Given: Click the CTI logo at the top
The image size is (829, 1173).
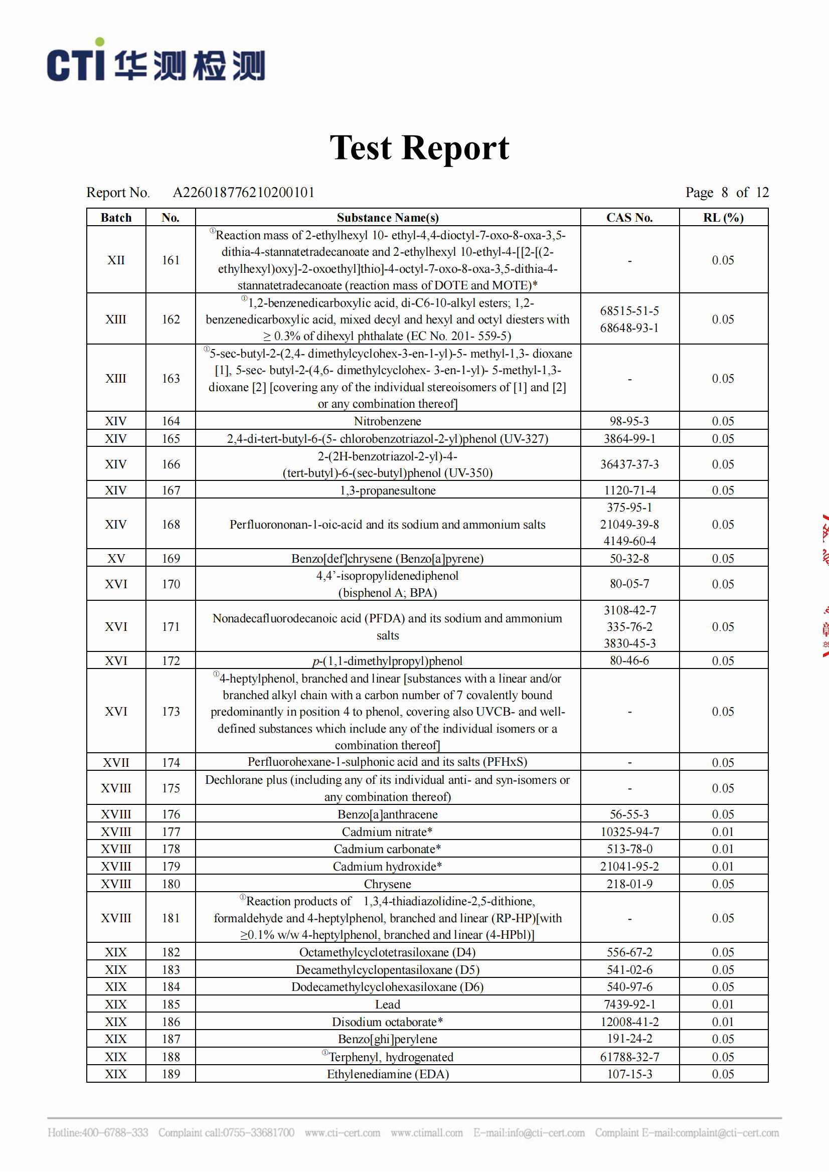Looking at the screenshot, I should point(156,62).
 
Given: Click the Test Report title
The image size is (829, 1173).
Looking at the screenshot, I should point(419,148).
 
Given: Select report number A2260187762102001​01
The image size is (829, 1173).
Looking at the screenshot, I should point(243,193).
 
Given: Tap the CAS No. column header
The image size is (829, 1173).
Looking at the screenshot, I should point(629,218).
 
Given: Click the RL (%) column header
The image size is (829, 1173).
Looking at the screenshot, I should point(723,218).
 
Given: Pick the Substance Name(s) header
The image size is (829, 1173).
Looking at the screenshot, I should point(387,218).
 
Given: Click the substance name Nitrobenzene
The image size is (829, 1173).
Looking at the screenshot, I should point(387,421).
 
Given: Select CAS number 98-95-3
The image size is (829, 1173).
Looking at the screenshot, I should point(629,421).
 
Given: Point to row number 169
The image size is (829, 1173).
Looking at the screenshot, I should point(171,558).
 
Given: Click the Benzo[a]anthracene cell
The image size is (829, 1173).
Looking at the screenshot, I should point(387,814).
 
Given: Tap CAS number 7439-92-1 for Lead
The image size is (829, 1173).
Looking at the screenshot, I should point(629,1004).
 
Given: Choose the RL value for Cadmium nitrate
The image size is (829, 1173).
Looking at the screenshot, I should point(723,831).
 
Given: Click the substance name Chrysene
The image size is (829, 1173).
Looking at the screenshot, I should point(387,884).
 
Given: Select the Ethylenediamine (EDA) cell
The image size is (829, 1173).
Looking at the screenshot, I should point(387,1074).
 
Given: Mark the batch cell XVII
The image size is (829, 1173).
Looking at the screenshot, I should point(116,763).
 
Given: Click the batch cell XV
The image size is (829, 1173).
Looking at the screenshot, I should point(116,558).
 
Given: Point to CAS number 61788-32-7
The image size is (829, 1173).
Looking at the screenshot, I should point(629,1057).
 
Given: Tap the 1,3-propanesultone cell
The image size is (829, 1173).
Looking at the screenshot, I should point(387,490).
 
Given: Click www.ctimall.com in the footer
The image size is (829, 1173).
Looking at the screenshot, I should point(426,1133).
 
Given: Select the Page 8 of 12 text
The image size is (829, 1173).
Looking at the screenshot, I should point(726,193).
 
